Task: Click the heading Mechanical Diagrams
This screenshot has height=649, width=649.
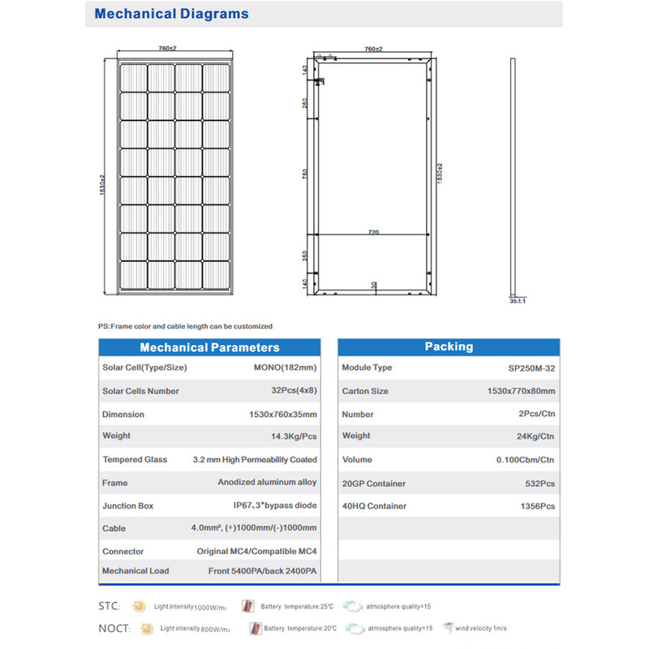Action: (172, 14)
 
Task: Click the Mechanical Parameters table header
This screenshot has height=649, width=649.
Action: (209, 347)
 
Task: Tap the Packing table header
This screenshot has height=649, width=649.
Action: (449, 346)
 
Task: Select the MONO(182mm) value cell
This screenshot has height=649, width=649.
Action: (284, 367)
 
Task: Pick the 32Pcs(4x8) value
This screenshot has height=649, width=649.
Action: (288, 391)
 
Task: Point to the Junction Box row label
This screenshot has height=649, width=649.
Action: (127, 505)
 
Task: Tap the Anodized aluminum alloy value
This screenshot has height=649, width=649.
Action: (267, 482)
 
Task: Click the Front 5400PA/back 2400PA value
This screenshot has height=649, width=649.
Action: (262, 571)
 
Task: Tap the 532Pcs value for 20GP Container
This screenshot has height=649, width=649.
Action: (539, 484)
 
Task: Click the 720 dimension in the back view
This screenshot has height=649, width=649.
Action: (373, 232)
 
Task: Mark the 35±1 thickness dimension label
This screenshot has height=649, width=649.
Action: (517, 301)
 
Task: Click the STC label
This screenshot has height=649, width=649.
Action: (109, 606)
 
